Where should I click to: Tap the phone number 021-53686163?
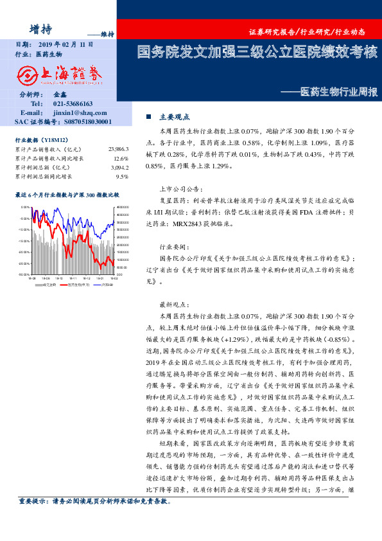(x=73, y=103)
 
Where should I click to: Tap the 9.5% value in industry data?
(x=122, y=176)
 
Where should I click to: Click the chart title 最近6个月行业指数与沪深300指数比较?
(x=67, y=193)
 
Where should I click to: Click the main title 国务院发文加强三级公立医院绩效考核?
(x=257, y=52)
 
